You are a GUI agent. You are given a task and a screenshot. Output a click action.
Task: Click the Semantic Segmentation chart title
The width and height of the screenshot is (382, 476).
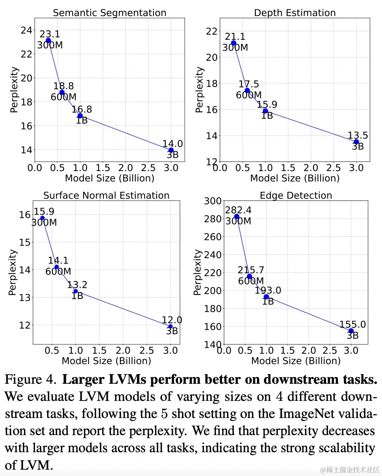[x=109, y=13]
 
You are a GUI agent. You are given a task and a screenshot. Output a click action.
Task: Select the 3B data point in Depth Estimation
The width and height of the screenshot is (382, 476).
[x=356, y=142]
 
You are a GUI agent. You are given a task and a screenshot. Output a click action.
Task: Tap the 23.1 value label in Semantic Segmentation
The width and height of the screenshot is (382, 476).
[x=50, y=34]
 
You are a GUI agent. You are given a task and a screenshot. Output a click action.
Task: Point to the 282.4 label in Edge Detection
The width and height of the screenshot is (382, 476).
[x=238, y=210]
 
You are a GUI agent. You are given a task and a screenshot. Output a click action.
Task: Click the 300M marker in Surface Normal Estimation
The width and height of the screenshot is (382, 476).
[x=42, y=218]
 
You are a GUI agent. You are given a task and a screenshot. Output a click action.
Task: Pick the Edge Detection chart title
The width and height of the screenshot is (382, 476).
[x=296, y=196]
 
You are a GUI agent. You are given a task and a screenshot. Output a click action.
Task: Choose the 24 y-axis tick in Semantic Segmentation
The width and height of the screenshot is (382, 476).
[x=26, y=30]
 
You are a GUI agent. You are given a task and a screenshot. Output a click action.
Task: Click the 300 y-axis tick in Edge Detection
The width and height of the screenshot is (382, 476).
[x=213, y=201]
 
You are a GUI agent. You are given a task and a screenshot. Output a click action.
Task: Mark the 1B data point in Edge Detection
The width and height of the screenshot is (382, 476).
[x=266, y=297]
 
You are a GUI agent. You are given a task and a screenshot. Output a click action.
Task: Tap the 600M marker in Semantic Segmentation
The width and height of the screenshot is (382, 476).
[x=62, y=92]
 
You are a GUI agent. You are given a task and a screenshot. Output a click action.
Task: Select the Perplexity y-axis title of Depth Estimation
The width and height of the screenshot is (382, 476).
[x=200, y=90]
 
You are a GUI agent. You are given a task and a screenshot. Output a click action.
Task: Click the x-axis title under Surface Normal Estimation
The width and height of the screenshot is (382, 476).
[x=106, y=361]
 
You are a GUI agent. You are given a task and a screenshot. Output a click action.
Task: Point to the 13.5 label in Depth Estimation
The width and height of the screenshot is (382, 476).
[x=358, y=136]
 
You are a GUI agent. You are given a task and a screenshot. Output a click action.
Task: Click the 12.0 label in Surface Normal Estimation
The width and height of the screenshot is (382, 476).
[x=172, y=320]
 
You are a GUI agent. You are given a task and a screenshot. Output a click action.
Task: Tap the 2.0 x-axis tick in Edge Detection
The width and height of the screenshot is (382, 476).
[x=309, y=351]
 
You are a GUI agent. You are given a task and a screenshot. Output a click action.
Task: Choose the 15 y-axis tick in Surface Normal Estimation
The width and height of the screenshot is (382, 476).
[x=25, y=242]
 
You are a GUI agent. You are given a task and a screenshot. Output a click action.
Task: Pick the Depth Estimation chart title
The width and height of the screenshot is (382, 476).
[x=295, y=13]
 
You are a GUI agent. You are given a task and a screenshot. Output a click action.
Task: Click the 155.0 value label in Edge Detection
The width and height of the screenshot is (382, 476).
[x=353, y=325]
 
